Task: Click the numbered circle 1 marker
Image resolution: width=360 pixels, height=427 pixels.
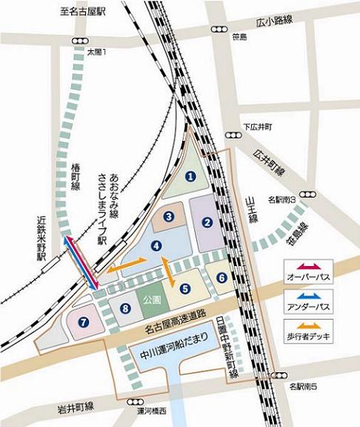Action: click(190, 176)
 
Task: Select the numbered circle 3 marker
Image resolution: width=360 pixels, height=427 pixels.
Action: click(169, 216)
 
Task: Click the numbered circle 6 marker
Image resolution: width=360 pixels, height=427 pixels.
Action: click(221, 277)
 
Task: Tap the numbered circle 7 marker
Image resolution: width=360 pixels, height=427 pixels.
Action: click(84, 322)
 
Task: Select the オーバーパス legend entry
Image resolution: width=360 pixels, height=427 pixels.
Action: click(307, 276)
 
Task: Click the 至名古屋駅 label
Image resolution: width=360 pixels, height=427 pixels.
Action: click(84, 11)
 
